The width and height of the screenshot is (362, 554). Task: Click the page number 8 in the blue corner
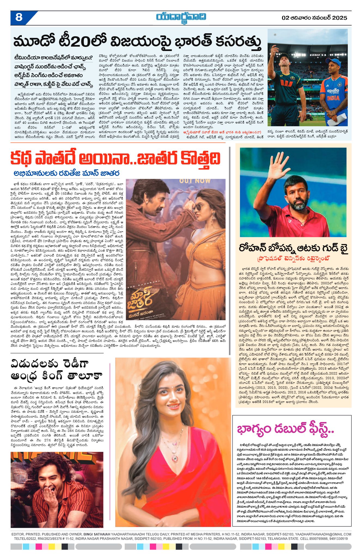19,18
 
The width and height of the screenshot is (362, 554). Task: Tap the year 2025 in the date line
339,18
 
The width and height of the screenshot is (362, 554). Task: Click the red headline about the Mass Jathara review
115,158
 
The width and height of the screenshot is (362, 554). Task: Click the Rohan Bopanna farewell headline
293,248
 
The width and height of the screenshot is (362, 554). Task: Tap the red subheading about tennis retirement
293,258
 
